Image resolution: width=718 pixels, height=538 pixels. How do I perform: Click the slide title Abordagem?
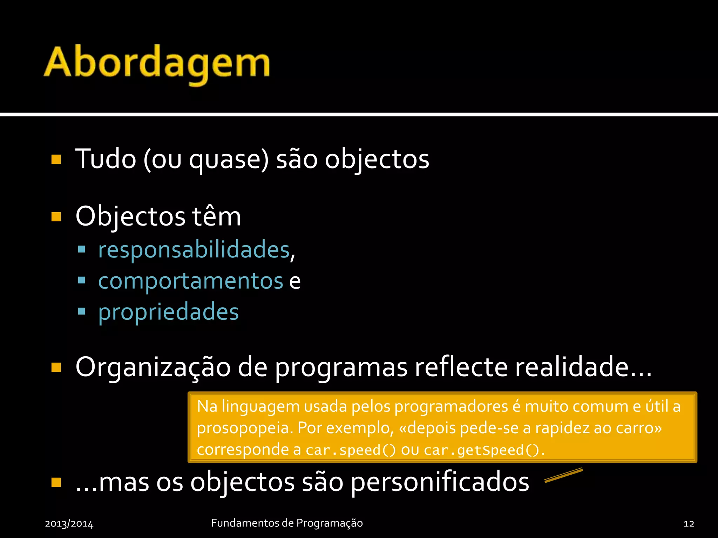pyautogui.click(x=157, y=63)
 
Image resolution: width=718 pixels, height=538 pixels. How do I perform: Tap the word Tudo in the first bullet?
pyautogui.click(x=106, y=159)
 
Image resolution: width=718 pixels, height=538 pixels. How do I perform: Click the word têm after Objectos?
pyautogui.click(x=216, y=216)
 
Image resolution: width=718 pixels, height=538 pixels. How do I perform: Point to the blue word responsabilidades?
pyautogui.click(x=194, y=250)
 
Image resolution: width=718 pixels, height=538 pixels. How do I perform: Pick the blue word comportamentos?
pyautogui.click(x=190, y=281)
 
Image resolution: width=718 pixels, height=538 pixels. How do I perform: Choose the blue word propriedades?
pyautogui.click(x=168, y=312)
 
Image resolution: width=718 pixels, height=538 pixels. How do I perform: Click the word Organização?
pyautogui.click(x=153, y=367)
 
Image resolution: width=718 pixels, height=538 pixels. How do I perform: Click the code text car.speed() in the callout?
pyautogui.click(x=350, y=450)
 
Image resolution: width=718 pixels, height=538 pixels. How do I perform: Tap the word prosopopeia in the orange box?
pyautogui.click(x=244, y=428)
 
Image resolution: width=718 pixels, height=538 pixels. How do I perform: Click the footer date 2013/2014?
pyautogui.click(x=69, y=524)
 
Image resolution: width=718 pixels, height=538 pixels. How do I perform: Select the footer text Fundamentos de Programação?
pyautogui.click(x=287, y=523)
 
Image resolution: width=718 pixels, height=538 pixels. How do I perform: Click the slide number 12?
pyautogui.click(x=689, y=524)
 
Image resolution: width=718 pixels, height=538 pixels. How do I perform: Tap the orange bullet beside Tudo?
pyautogui.click(x=56, y=160)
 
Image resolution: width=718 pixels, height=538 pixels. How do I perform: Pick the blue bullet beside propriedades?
pyautogui.click(x=82, y=311)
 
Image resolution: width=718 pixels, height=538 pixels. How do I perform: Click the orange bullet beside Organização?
pyautogui.click(x=56, y=367)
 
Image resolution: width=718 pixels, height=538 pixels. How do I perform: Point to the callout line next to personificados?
pyautogui.click(x=563, y=475)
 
